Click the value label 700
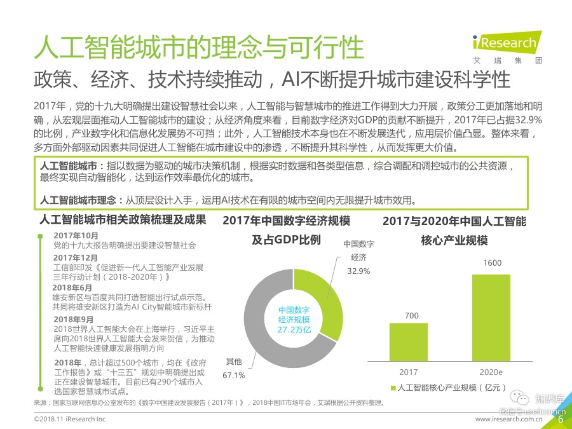(411, 315)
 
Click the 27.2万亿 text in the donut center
(294, 330)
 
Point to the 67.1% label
(234, 376)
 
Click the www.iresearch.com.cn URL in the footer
(516, 419)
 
